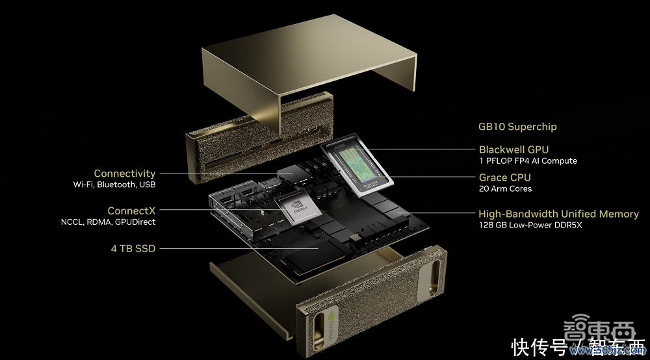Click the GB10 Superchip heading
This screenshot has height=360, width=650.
click(517, 127)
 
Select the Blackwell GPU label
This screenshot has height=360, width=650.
click(513, 149)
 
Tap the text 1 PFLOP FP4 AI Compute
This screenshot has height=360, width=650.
click(528, 161)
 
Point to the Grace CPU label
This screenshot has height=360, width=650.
click(504, 177)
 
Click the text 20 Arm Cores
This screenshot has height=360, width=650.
click(505, 188)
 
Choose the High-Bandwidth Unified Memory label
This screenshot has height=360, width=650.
click(558, 214)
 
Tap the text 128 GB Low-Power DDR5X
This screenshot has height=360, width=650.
click(530, 225)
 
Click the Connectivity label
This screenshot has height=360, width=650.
click(124, 174)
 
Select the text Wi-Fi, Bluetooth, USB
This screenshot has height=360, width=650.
click(114, 185)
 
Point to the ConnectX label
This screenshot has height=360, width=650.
click(131, 211)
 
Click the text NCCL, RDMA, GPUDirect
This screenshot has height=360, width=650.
click(108, 222)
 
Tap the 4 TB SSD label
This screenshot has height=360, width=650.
click(133, 249)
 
